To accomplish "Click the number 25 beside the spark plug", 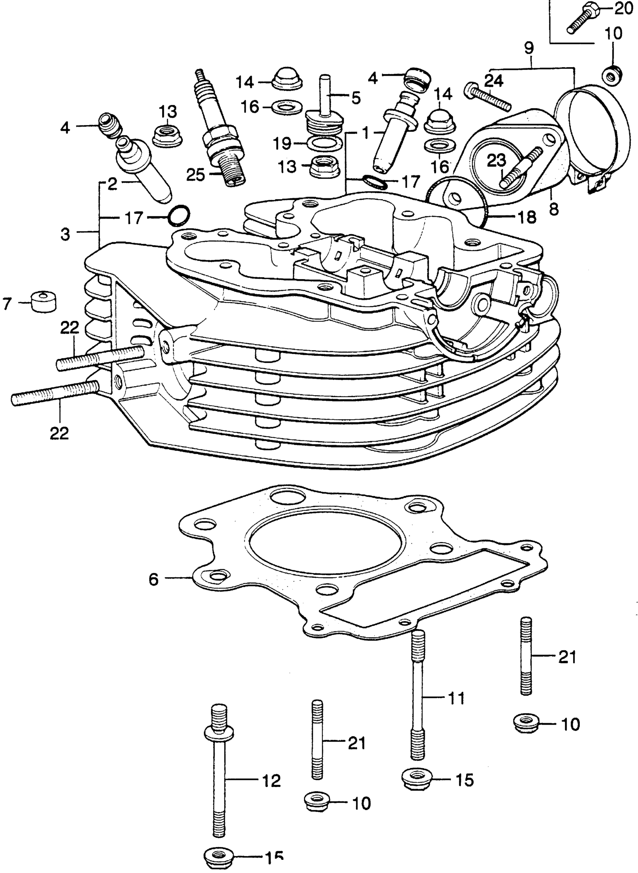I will coord(196,175).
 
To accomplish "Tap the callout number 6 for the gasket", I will coord(154,579).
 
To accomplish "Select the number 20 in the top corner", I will coord(623,8).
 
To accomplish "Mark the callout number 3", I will coord(65,233).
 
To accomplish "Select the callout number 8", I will coord(554,209).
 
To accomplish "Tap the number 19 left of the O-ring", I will coord(282,144).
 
